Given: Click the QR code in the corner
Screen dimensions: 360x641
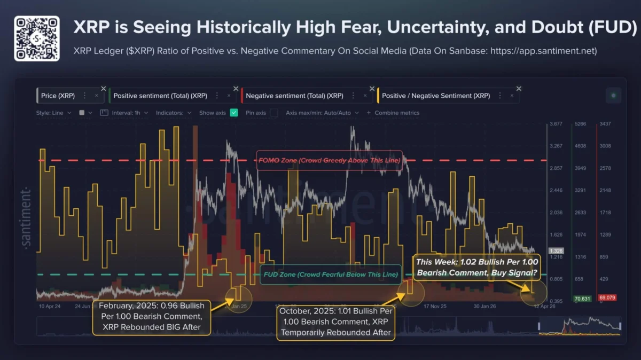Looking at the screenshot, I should [36, 38].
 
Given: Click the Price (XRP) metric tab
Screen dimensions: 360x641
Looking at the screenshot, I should [58, 96].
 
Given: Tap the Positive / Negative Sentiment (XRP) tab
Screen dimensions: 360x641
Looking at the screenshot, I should [436, 96].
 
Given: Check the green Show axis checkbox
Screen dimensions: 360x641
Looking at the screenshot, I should [234, 113].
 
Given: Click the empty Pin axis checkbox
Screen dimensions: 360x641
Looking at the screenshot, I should [274, 113].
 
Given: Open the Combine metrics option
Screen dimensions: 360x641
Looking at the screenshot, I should [394, 113].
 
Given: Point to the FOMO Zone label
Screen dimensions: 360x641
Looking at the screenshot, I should [329, 160].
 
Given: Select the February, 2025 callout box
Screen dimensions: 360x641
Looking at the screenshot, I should [152, 317].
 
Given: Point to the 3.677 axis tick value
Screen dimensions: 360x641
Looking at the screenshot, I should [556, 124].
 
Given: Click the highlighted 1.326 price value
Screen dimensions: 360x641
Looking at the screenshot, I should [556, 251].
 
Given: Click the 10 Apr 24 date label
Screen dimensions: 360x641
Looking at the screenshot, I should [50, 307].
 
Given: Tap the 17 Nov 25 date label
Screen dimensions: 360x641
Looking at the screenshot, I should [435, 307].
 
